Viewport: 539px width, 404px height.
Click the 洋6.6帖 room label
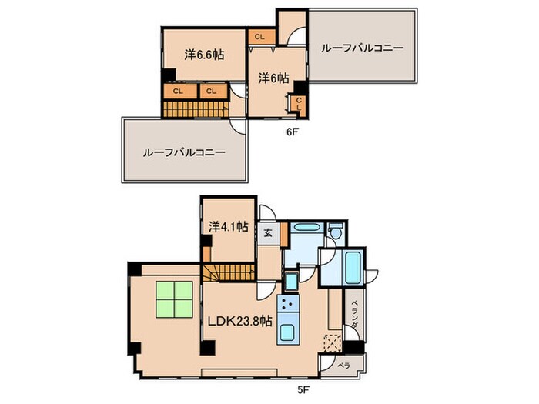click(x=203, y=55)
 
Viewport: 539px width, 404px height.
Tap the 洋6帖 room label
click(x=273, y=78)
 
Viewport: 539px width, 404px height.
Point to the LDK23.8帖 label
click(x=239, y=320)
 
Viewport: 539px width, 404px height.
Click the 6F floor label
click(x=292, y=132)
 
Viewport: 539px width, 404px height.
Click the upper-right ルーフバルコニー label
click(x=362, y=48)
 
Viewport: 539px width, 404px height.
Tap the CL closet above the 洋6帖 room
click(x=259, y=36)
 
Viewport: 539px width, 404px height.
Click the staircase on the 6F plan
click(x=196, y=109)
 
